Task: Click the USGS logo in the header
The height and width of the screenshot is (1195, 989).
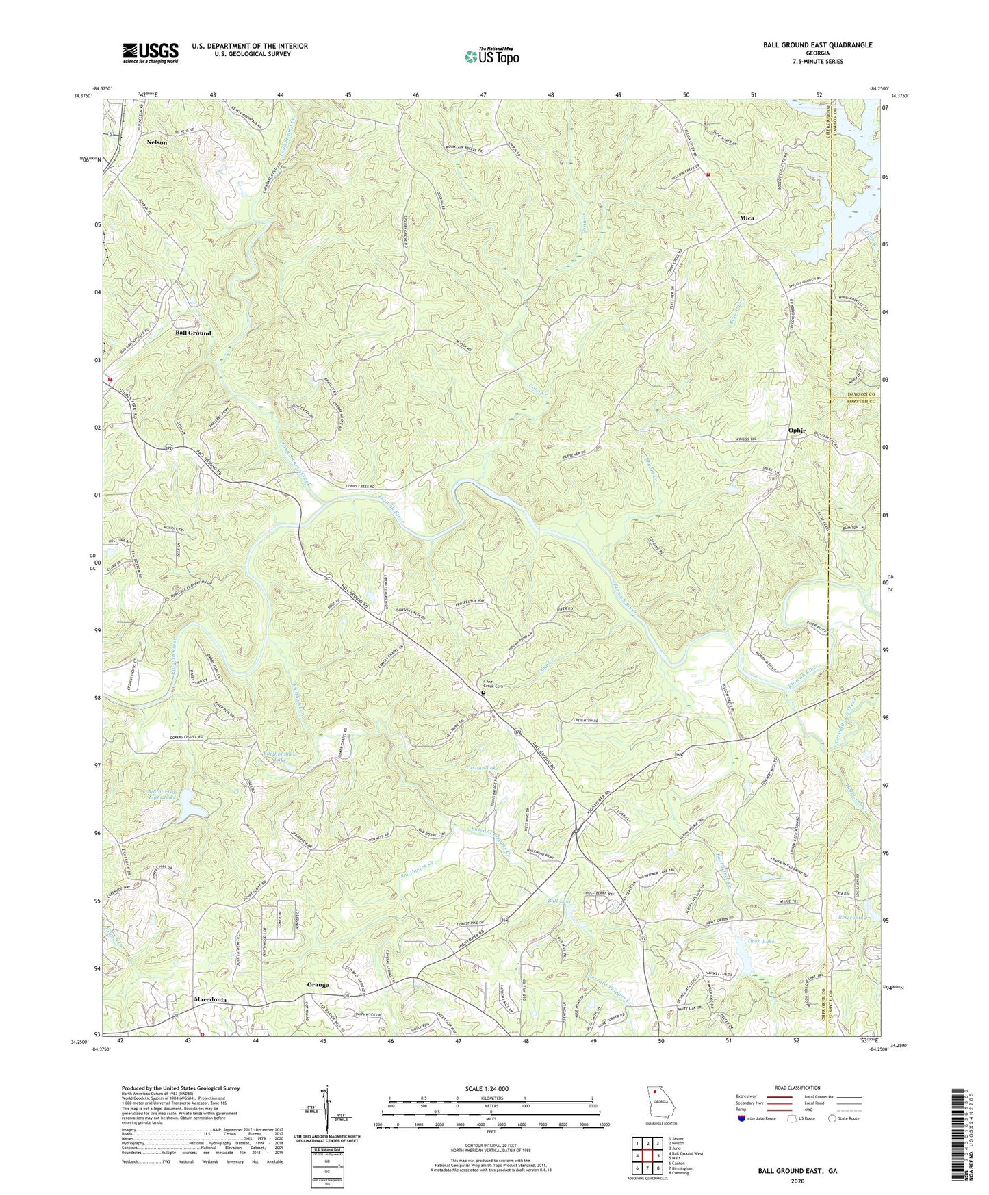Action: point(150,53)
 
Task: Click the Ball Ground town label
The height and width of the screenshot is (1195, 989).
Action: point(193,333)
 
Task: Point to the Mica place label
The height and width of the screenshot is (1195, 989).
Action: point(747,218)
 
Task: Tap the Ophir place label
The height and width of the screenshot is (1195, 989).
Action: point(797,431)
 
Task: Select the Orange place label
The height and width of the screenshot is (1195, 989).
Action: point(318,985)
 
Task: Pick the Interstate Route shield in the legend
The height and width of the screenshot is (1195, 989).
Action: point(744,1119)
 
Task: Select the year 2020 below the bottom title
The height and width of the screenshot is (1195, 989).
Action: point(797,1181)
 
